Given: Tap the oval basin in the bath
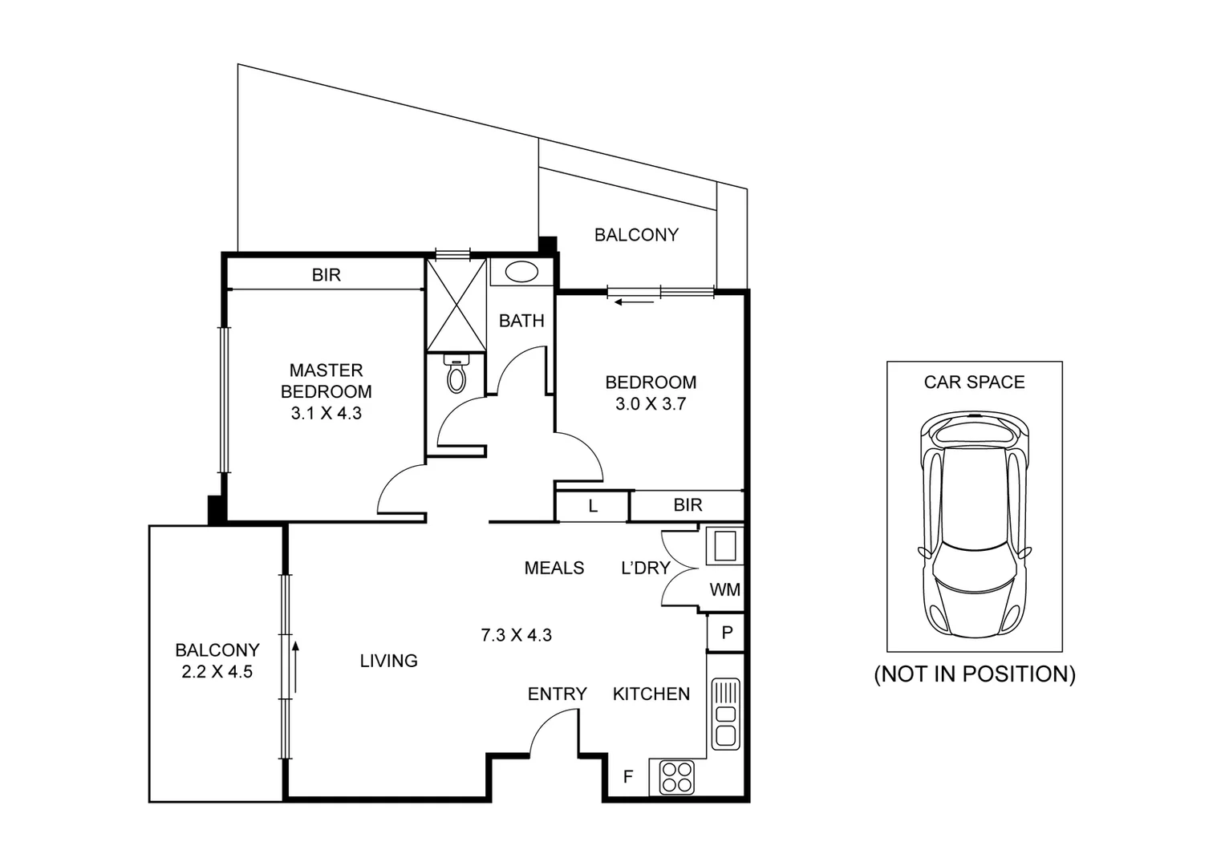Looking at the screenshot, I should coord(522,272).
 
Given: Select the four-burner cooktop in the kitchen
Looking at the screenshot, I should coord(676,777).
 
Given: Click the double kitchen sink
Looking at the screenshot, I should coord(725,714).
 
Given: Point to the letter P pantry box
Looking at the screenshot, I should coord(727,633).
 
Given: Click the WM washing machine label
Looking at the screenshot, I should coord(724,590).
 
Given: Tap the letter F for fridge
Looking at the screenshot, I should coord(628,776).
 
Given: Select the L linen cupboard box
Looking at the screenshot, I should coord(593,506).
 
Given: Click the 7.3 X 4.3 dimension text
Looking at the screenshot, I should coord(516,635).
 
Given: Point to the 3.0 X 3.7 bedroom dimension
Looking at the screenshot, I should coord(650,404).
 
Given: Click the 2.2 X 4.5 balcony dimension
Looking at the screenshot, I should coord(217,672).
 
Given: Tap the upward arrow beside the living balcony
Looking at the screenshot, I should coord(295,666).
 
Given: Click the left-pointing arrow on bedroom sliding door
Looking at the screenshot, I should coord(635,302).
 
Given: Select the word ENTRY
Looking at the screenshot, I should coord(557,694).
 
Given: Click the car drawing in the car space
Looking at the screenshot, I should coord(974,525).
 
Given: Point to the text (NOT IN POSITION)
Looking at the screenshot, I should coord(974,674).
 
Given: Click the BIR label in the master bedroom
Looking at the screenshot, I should coord(327,275).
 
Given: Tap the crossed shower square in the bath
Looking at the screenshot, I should coord(456,305).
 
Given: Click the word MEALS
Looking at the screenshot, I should coord(554,568).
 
